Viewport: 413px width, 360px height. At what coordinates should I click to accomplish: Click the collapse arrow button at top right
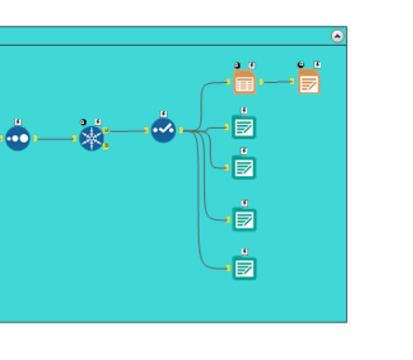tap(337, 36)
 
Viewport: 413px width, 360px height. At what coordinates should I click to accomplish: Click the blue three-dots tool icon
tap(18, 139)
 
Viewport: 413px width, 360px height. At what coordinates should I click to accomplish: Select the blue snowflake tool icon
tap(91, 139)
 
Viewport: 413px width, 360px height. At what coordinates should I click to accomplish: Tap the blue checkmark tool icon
tap(163, 131)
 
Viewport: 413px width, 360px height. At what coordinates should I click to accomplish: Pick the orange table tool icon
tap(244, 82)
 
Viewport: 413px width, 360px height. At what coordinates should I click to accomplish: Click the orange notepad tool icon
tap(309, 82)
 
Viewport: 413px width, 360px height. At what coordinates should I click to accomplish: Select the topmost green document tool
tap(244, 126)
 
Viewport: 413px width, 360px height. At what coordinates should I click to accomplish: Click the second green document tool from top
tap(244, 168)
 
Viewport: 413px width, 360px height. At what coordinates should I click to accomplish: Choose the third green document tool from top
tap(244, 219)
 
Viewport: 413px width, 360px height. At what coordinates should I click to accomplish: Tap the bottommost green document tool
tap(244, 269)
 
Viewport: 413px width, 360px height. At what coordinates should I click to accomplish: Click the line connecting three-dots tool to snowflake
tap(56, 139)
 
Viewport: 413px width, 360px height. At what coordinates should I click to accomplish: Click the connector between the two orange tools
tap(277, 82)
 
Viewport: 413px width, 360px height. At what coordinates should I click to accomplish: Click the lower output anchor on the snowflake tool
tap(106, 146)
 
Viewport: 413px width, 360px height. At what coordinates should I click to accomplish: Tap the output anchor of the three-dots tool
tap(34, 139)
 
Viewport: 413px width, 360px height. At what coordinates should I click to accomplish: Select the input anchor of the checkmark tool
tap(147, 131)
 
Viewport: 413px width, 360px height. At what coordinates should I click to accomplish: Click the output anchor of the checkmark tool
tap(180, 131)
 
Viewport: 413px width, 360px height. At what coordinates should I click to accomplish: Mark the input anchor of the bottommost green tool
tap(229, 269)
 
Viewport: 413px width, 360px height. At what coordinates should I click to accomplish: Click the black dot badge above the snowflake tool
tap(83, 121)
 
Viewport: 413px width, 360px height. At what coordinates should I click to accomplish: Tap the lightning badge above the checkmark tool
tap(164, 114)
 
